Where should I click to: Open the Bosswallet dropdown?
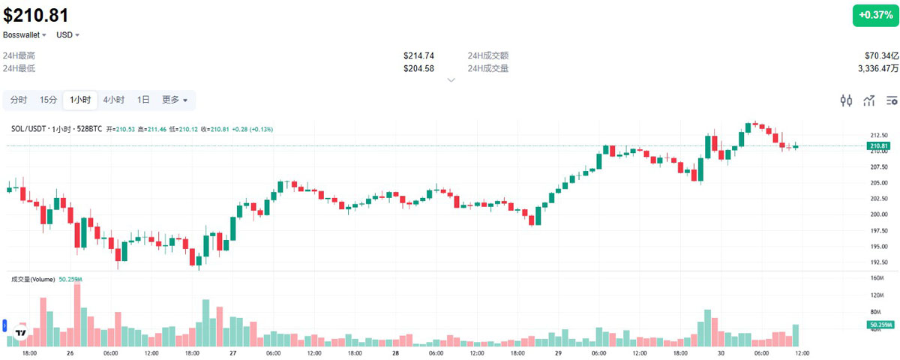(24, 34)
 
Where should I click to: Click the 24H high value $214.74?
(418, 56)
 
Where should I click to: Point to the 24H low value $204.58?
(418, 68)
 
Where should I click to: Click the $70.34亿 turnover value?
(881, 56)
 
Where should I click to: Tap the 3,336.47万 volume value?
(878, 68)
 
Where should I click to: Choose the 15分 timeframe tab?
(48, 100)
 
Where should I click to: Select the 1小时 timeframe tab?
(80, 100)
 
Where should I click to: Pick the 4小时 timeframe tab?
(114, 100)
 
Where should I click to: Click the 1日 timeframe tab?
(143, 100)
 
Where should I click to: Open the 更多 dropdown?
(175, 100)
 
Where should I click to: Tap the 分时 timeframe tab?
(19, 100)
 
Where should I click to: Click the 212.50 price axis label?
(878, 136)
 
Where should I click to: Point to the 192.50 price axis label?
(878, 262)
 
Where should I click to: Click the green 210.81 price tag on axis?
(878, 145)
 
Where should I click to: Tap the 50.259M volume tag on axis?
(878, 324)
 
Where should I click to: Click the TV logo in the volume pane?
(22, 333)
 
